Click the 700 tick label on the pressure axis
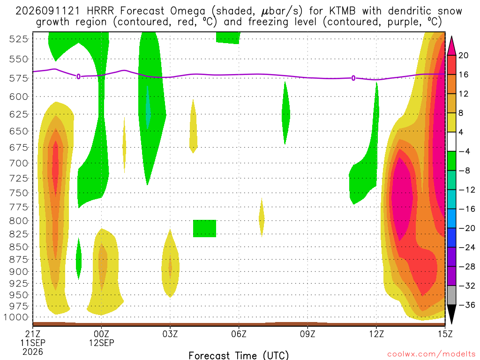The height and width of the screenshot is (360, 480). (x=19, y=163)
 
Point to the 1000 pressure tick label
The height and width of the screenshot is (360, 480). (x=16, y=317)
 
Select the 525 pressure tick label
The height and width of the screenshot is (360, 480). (x=19, y=39)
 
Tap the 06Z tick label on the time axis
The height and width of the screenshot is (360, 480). (x=239, y=334)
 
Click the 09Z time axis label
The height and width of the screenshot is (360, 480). (x=307, y=334)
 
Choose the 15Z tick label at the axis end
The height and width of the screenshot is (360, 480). (x=445, y=334)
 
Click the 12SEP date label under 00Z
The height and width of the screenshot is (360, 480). (x=101, y=343)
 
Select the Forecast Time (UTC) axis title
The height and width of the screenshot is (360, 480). (x=239, y=355)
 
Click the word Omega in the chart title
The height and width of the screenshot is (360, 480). (x=187, y=11)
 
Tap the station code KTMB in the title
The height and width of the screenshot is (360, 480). (x=342, y=11)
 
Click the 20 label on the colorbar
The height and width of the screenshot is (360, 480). (x=463, y=55)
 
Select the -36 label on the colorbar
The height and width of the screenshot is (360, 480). (x=466, y=305)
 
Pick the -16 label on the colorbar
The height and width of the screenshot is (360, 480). (x=466, y=209)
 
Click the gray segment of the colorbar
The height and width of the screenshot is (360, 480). (x=451, y=295)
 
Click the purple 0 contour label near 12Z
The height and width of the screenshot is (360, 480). (x=353, y=78)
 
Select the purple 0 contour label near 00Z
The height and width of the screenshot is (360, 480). (x=78, y=76)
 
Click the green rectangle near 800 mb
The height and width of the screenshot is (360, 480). (x=204, y=228)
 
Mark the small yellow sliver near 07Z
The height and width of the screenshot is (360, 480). (x=262, y=218)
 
